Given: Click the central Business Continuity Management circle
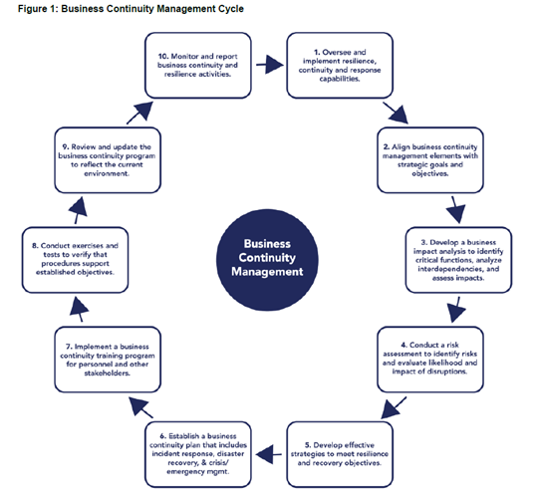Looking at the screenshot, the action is click(x=267, y=260).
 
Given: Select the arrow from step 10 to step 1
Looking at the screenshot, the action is click(x=270, y=65).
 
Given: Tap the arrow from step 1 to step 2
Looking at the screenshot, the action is click(x=396, y=113).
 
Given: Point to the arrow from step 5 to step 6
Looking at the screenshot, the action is click(x=269, y=454).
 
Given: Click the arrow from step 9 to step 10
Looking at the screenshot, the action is click(x=139, y=113).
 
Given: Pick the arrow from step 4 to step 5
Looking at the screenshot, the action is click(x=394, y=407).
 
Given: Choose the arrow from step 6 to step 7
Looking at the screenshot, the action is click(x=140, y=407).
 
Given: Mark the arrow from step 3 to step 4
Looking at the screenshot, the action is click(x=456, y=310).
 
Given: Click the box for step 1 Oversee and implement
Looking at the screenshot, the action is click(x=340, y=66).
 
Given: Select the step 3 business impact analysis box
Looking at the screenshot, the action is click(x=458, y=260).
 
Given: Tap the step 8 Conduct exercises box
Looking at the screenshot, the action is click(x=75, y=260).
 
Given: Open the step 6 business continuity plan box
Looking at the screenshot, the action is click(x=198, y=454).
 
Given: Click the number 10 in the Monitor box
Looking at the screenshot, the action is click(x=162, y=56).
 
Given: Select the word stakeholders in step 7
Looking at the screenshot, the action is click(x=108, y=373).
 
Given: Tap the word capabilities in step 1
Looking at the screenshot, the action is click(x=340, y=79).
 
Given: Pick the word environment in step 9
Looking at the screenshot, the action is click(x=107, y=173).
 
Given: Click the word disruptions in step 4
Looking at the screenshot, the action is click(x=446, y=372).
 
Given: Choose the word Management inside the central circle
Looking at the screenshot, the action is click(x=267, y=272).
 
